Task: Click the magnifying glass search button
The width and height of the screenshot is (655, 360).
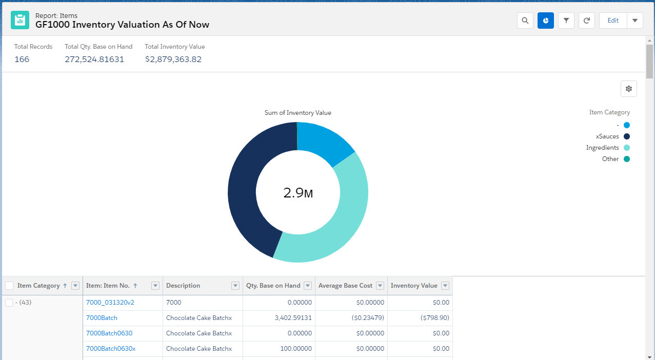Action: pyautogui.click(x=525, y=21)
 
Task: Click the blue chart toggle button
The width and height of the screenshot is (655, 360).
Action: pyautogui.click(x=545, y=21)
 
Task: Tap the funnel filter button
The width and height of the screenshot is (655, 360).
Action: pyautogui.click(x=566, y=21)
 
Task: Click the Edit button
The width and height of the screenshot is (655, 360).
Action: pyautogui.click(x=613, y=21)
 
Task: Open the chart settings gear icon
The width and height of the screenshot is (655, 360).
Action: pyautogui.click(x=629, y=89)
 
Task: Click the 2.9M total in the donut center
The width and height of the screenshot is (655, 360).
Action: pyautogui.click(x=298, y=193)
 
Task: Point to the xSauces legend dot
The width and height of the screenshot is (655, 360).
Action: pyautogui.click(x=627, y=136)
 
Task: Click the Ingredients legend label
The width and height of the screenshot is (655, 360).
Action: pyautogui.click(x=602, y=148)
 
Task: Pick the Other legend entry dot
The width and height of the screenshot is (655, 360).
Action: pyautogui.click(x=627, y=159)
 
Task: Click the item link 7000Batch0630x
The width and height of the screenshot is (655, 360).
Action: pyautogui.click(x=110, y=349)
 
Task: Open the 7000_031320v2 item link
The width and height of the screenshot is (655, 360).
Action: pyautogui.click(x=110, y=303)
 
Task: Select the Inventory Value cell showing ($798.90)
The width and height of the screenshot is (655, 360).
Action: pyautogui.click(x=434, y=318)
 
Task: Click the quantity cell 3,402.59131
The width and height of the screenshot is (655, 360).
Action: pyautogui.click(x=293, y=318)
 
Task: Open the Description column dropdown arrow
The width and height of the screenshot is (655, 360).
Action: pyautogui.click(x=235, y=286)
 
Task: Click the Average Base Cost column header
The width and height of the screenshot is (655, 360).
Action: pyautogui.click(x=345, y=286)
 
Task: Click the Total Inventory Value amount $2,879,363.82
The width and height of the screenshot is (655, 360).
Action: pyautogui.click(x=173, y=59)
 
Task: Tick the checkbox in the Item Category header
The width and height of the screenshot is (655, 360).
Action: pyautogui.click(x=9, y=286)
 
